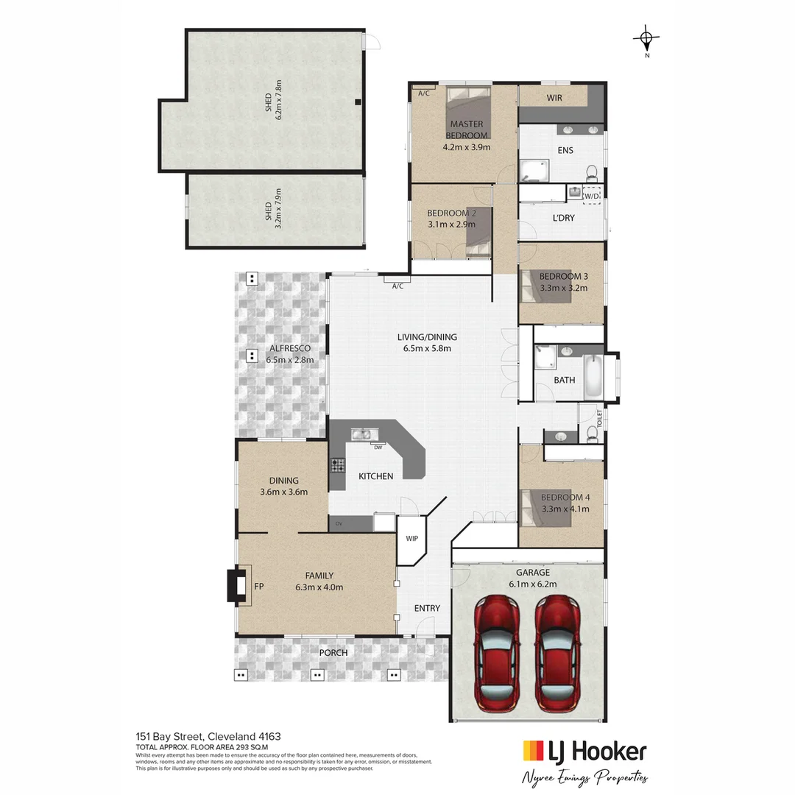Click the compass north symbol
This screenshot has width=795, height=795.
click(646, 38)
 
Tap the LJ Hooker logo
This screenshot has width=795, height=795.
click(584, 752)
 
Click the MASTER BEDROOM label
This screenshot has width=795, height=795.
click(466, 130)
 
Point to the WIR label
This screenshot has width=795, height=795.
click(554, 98)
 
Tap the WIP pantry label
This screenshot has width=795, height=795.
click(411, 538)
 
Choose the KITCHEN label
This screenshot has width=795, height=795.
click(375, 476)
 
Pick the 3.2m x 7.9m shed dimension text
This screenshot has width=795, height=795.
click(278, 208)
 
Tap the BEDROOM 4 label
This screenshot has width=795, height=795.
click(565, 498)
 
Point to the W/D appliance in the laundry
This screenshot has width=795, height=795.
click(592, 195)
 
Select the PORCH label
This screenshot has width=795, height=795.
click(333, 653)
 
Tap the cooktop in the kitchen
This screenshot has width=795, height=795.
click(337, 465)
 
